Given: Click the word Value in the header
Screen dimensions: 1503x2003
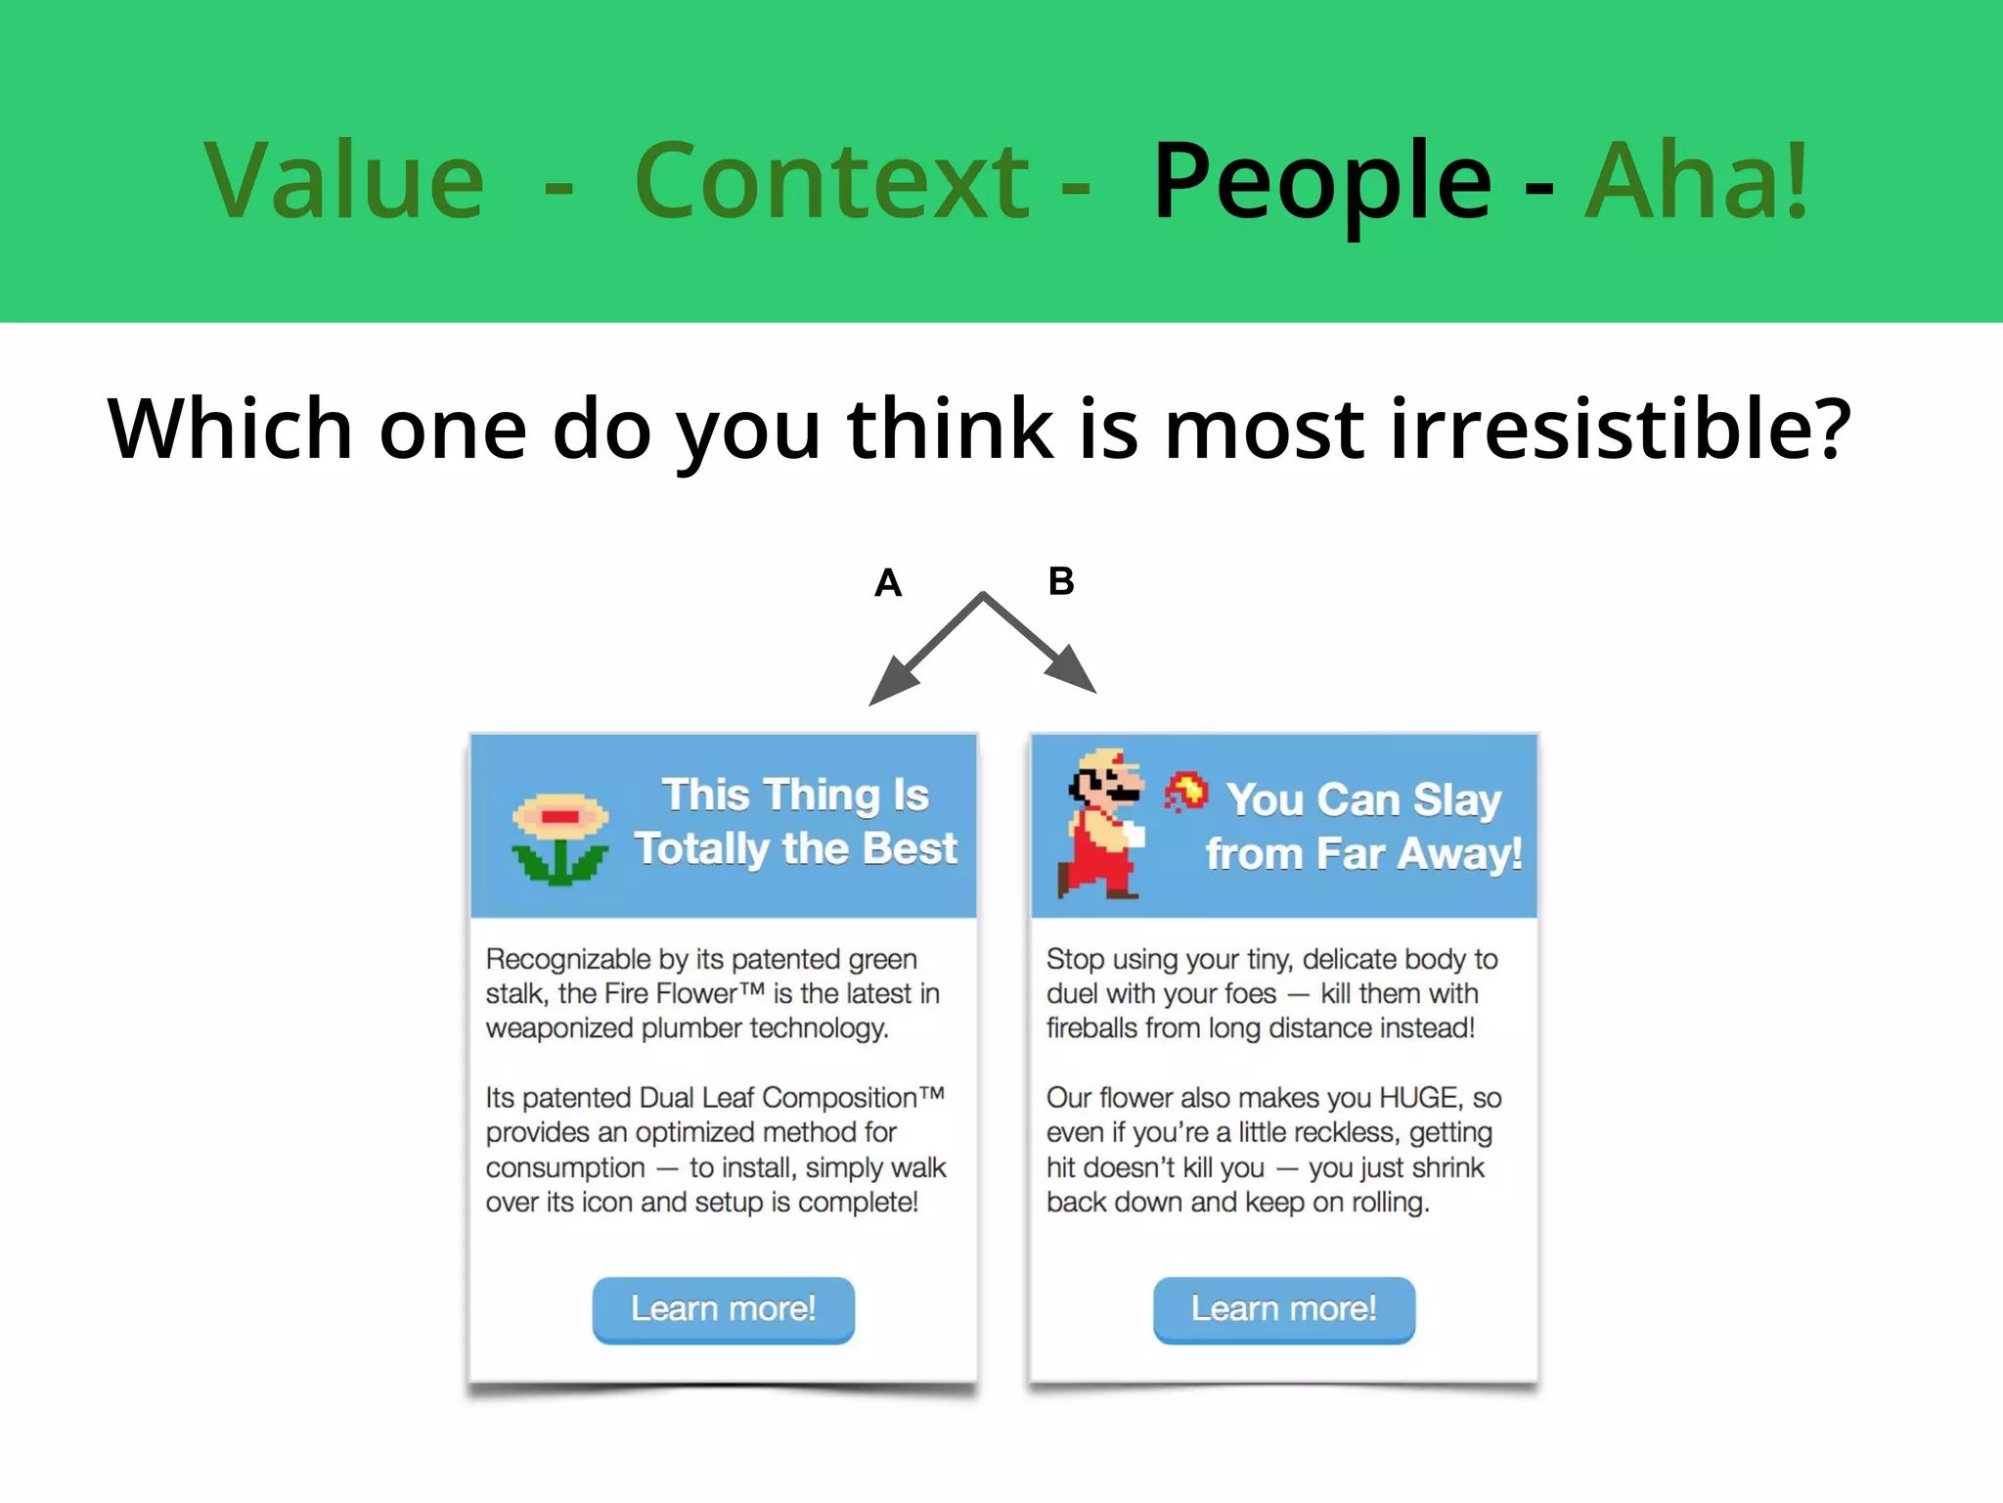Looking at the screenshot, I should (344, 181).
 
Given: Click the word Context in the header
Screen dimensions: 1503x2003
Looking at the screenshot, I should (831, 181).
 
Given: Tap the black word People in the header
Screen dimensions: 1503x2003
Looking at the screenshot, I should (1322, 183).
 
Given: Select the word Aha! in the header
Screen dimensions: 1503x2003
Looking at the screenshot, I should (1697, 181).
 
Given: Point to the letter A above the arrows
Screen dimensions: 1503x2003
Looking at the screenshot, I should (888, 583).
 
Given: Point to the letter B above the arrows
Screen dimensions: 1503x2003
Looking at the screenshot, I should (1061, 581).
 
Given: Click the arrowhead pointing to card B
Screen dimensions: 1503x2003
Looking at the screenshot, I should (1072, 670).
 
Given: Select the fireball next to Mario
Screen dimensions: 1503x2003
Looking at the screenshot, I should (1186, 792).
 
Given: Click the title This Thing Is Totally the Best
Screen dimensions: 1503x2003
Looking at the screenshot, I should (795, 822).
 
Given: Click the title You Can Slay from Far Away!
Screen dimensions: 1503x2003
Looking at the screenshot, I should (1363, 827).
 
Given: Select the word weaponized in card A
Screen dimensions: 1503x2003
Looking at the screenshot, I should (559, 1028).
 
